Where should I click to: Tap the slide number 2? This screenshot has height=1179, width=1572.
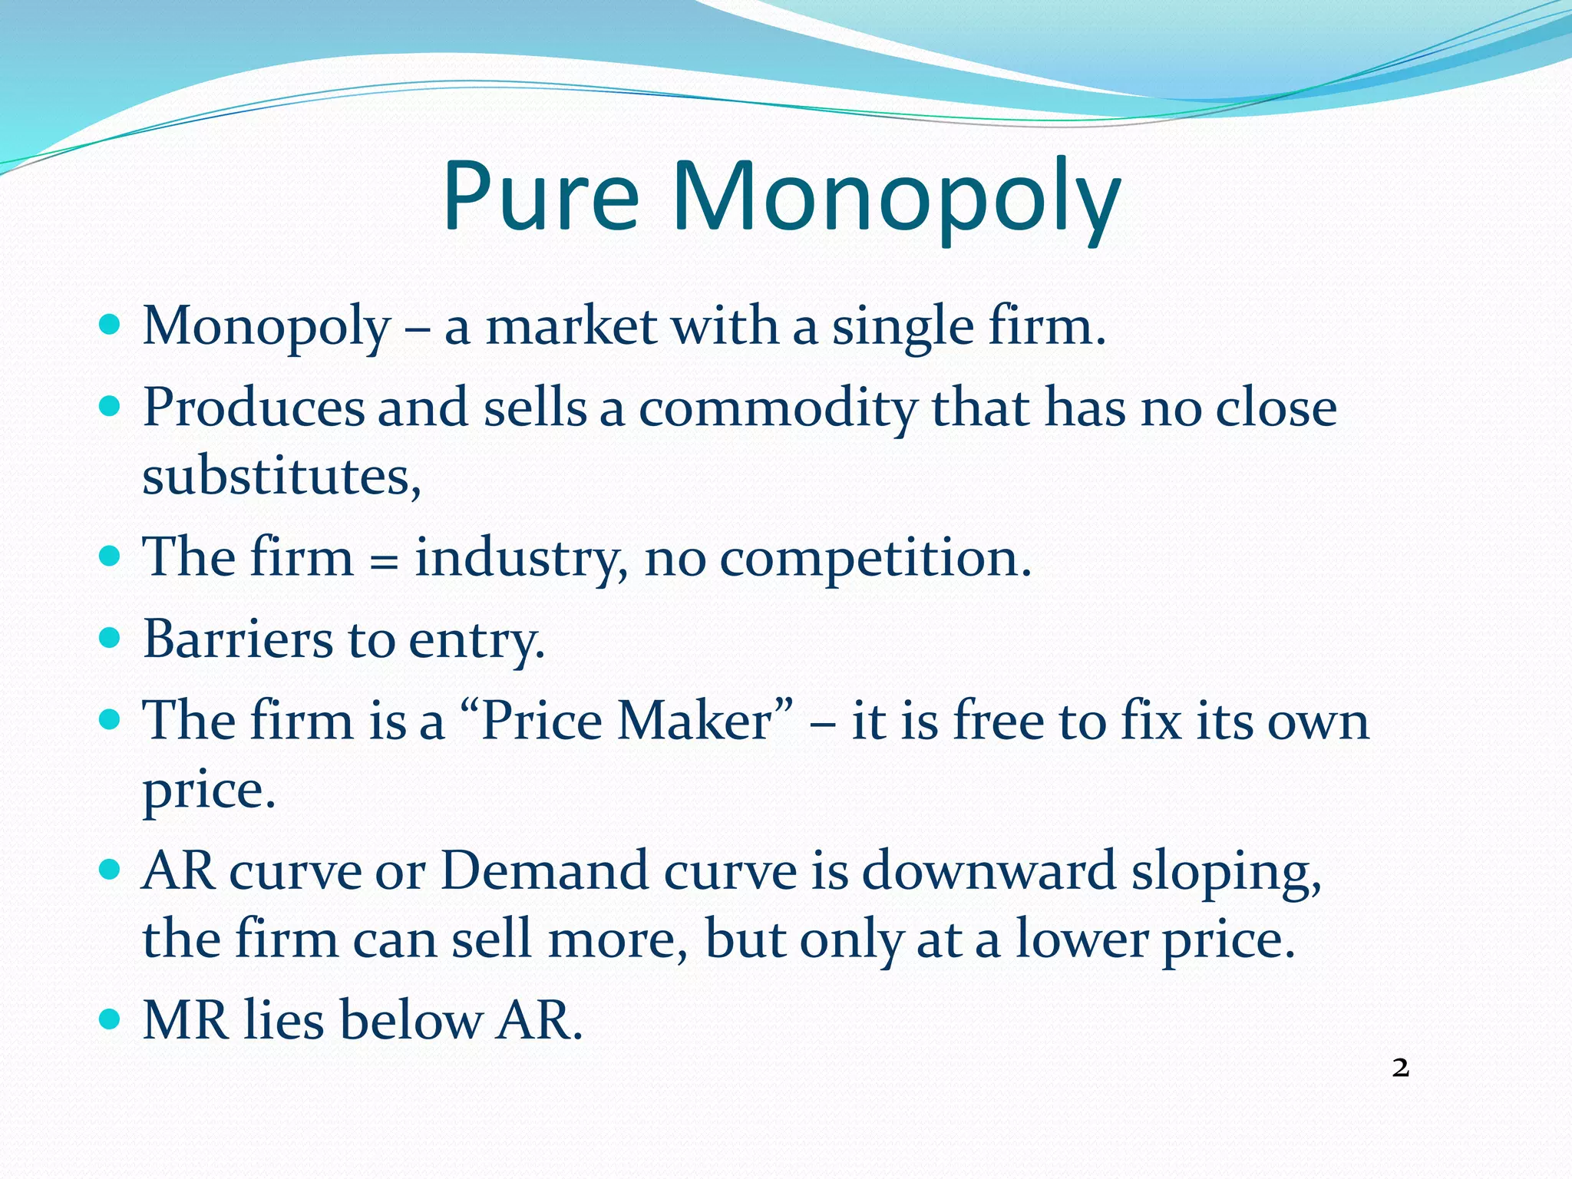coord(1401,1068)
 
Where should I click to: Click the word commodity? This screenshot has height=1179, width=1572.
coord(778,408)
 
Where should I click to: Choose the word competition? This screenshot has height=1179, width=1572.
coord(875,558)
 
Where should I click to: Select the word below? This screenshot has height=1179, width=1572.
coord(411,1021)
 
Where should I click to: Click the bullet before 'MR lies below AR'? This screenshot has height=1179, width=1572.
coord(111,1019)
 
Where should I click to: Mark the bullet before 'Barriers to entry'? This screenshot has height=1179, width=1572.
coord(111,637)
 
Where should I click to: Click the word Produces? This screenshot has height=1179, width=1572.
coord(254,408)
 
